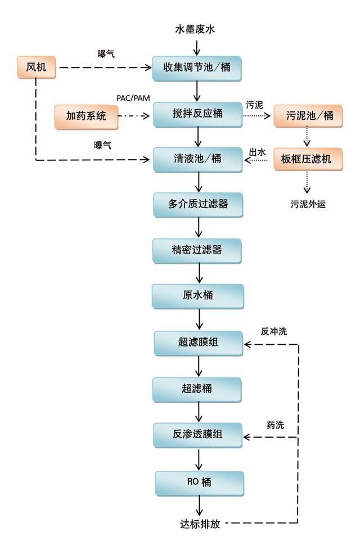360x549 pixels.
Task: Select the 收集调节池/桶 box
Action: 197,68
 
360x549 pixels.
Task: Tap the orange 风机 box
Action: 37,68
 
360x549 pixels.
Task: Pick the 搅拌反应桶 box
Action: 197,114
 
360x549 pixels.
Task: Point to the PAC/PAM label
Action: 133,98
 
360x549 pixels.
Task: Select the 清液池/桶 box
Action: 197,159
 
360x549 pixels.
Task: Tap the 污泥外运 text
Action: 308,204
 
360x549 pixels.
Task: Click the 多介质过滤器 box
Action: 198,204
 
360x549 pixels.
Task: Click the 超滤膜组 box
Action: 198,343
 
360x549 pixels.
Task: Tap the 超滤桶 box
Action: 197,388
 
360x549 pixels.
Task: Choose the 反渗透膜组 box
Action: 197,434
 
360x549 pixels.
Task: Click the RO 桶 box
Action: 199,482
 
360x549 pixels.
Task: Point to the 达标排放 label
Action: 196,524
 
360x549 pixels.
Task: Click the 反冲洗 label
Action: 274,331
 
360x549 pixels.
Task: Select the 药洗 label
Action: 275,425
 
